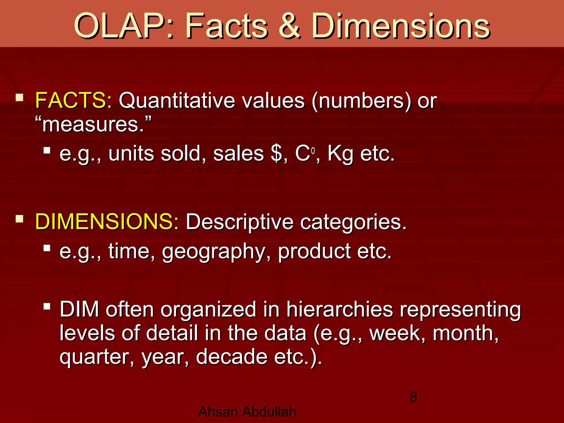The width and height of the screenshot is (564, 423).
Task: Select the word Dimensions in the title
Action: (401, 26)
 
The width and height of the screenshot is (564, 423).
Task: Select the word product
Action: (314, 252)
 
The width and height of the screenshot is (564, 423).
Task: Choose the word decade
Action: (232, 357)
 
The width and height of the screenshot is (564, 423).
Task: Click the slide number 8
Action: (413, 397)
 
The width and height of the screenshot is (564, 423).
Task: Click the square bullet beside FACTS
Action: (19, 97)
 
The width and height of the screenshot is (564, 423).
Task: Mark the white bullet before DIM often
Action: (47, 306)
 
